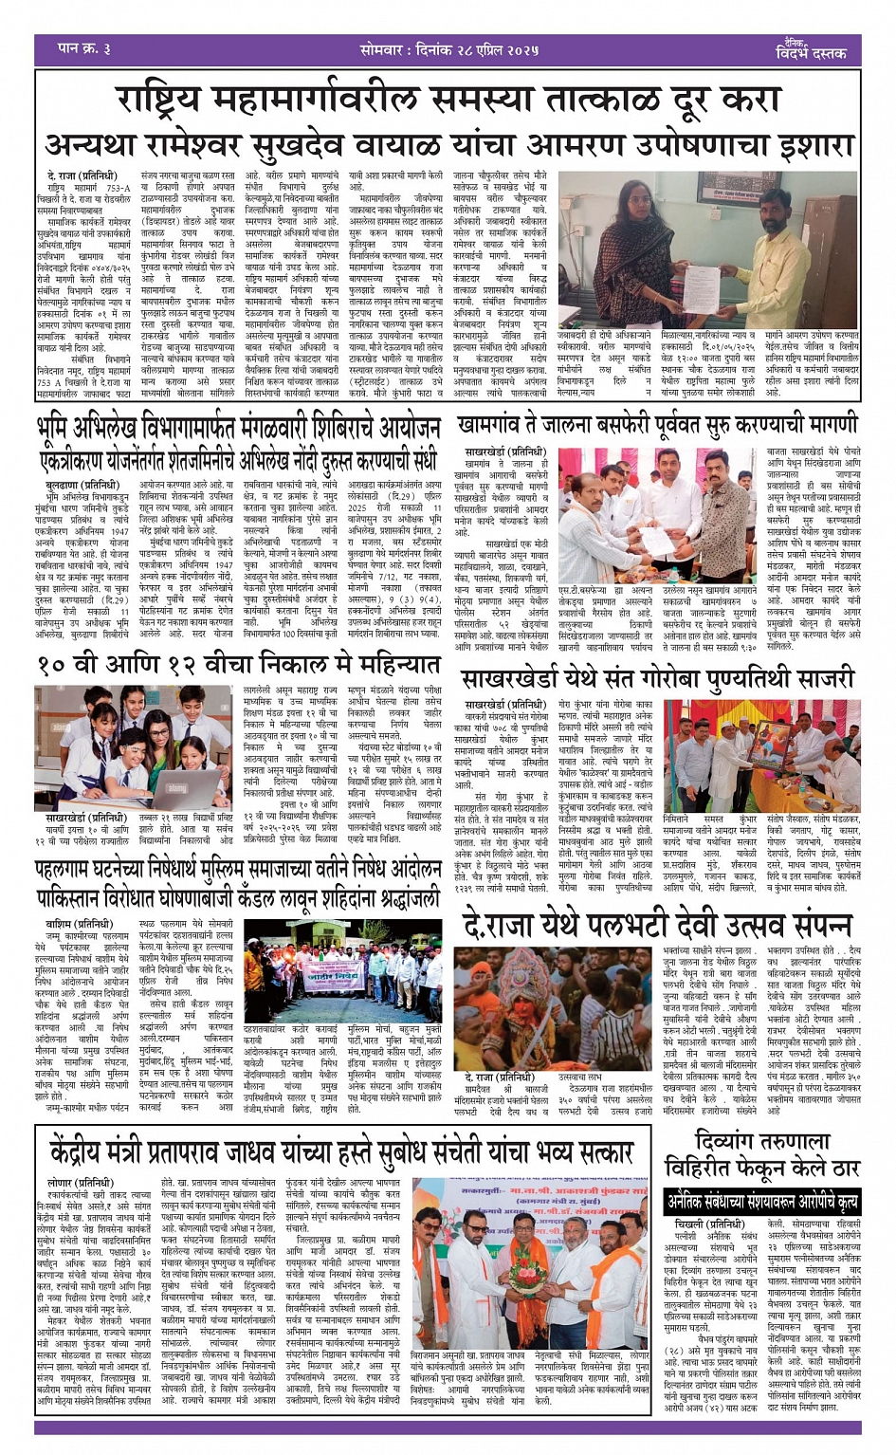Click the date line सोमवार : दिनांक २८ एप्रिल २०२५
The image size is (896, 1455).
pyautogui.click(x=448, y=49)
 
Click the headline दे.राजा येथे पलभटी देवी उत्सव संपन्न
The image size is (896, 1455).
pyautogui.click(x=657, y=924)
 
